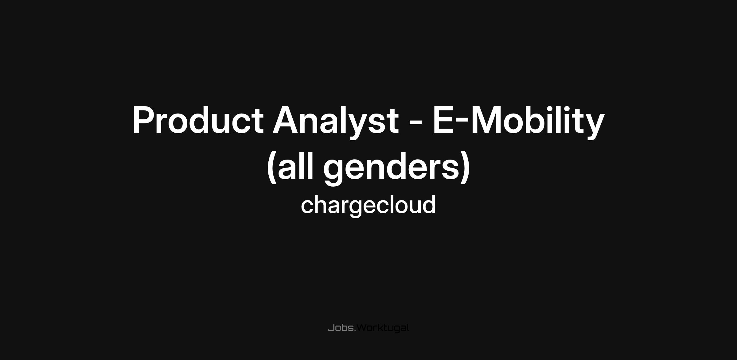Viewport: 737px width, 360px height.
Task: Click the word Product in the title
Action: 198,120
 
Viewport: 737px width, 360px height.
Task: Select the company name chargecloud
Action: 368,205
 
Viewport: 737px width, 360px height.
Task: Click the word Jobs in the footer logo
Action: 341,328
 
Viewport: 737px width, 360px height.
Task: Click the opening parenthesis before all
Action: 271,167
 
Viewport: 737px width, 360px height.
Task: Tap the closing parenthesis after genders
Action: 465,167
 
